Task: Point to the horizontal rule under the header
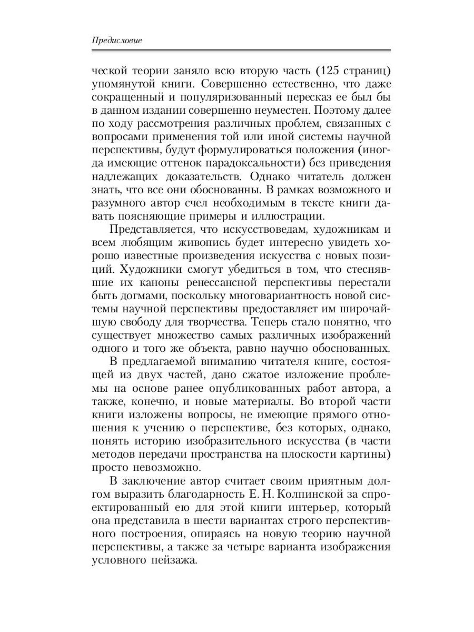(241, 51)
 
